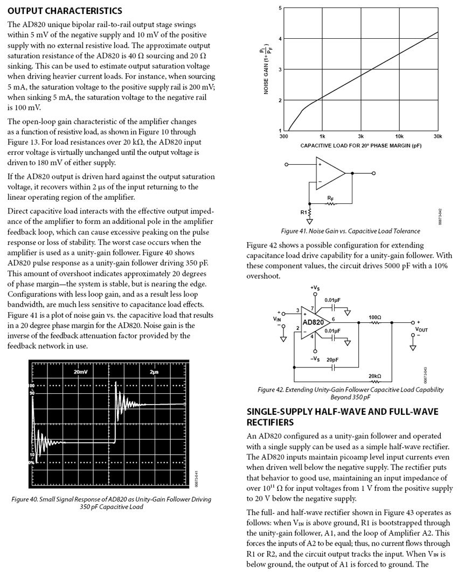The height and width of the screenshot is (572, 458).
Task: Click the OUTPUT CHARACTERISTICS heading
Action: coord(65,11)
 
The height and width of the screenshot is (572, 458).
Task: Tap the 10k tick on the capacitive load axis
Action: coord(399,137)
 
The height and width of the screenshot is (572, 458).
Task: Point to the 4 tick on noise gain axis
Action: coord(280,39)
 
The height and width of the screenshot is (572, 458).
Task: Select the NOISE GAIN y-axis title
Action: coord(266,70)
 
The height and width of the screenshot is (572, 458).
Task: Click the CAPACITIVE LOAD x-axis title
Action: coord(360,146)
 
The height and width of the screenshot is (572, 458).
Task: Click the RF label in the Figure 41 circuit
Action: coord(330,199)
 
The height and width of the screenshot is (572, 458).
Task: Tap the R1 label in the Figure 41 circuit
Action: coord(304,212)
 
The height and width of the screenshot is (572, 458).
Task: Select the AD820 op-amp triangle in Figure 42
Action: coord(314,322)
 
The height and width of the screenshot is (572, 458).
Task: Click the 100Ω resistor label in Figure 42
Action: coord(375,317)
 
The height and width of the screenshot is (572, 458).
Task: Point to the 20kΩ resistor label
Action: coord(374,376)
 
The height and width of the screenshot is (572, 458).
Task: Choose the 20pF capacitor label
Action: coord(334,359)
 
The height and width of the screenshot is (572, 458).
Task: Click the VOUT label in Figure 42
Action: coord(421,329)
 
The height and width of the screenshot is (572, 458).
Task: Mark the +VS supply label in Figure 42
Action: coord(315,288)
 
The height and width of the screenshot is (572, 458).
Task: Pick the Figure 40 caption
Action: coord(111,503)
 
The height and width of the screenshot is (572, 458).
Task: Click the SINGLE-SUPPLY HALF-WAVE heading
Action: coord(342,416)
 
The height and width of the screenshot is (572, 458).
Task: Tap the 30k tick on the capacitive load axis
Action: coord(437,137)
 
